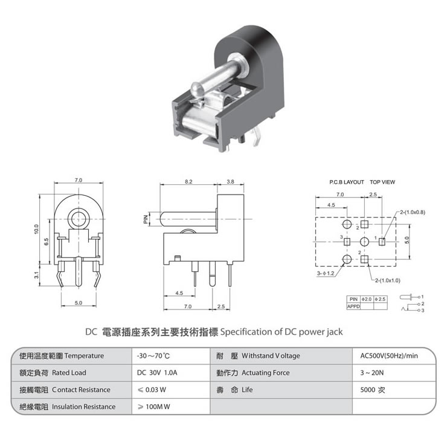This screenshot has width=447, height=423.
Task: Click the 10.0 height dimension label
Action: point(36,230)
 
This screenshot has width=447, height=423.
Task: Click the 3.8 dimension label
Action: point(230,181)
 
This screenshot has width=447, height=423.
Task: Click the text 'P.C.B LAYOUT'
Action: point(347,181)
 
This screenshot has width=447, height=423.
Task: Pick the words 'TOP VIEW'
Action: point(382,181)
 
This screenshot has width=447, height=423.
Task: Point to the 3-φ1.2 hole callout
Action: point(326,273)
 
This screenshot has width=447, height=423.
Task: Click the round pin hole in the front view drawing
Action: point(78,218)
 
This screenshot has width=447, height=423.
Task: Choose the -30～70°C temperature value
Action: point(154,355)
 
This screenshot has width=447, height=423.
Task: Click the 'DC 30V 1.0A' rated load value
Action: point(156,372)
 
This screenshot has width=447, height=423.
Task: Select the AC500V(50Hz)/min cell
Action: point(385,355)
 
